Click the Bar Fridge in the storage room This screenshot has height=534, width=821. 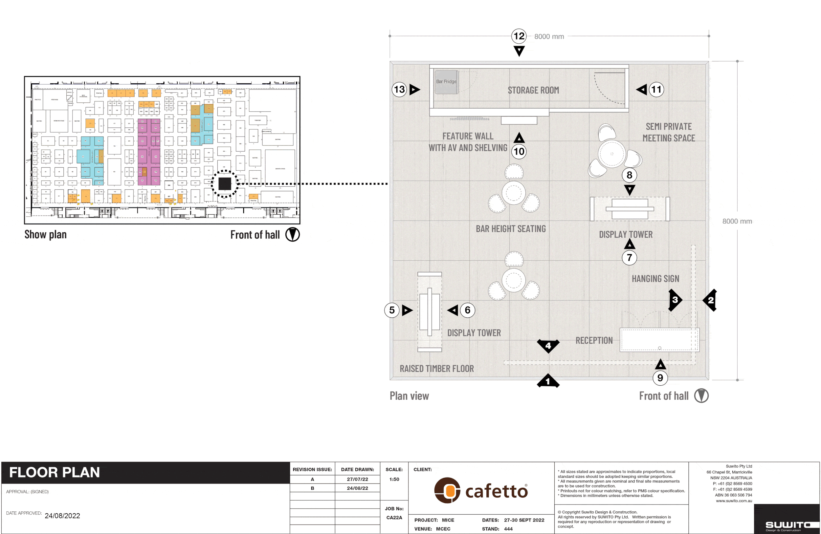click(446, 82)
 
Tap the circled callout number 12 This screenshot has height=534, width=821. click(519, 36)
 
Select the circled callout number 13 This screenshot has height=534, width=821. click(399, 90)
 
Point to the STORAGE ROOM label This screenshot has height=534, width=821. click(533, 90)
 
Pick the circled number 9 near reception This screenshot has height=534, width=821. click(660, 378)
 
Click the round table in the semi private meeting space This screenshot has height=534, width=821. click(611, 154)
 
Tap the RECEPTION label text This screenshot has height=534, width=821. click(594, 341)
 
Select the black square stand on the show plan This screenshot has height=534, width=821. click(225, 184)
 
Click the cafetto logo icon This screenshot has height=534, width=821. click(447, 490)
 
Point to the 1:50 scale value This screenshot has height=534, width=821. click(394, 479)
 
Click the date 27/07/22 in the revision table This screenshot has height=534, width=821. click(357, 479)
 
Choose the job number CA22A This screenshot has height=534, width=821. click(394, 518)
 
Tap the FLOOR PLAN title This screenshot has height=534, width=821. click(55, 472)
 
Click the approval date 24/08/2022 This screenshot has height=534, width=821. click(62, 516)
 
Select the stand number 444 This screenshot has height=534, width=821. click(508, 529)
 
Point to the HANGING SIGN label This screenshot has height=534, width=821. click(655, 279)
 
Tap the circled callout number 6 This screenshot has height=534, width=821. click(467, 310)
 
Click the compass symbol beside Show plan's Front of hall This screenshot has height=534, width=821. click(293, 234)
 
